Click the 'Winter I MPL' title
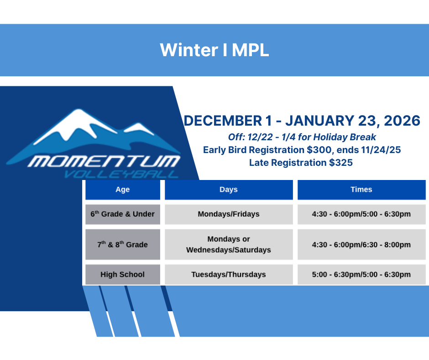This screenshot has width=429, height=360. [214, 50]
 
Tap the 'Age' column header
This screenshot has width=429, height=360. [123, 190]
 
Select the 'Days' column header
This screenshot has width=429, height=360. [229, 190]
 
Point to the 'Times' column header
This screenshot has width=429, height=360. [361, 190]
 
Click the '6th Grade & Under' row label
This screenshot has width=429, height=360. [123, 214]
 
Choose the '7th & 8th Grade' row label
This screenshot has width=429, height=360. [123, 244]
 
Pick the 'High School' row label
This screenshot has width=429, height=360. [123, 275]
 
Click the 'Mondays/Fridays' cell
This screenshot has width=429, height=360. [229, 214]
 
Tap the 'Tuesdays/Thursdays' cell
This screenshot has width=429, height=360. [229, 275]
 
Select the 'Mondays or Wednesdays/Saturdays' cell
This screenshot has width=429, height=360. [229, 244]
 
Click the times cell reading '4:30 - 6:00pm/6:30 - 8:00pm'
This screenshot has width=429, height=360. [361, 244]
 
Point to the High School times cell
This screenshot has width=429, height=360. [361, 275]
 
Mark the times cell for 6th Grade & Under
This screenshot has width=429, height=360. [361, 214]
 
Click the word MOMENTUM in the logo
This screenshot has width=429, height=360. [104, 161]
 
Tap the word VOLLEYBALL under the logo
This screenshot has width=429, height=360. [121, 174]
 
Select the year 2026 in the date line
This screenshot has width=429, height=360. [402, 121]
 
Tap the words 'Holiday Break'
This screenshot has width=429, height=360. [345, 137]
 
